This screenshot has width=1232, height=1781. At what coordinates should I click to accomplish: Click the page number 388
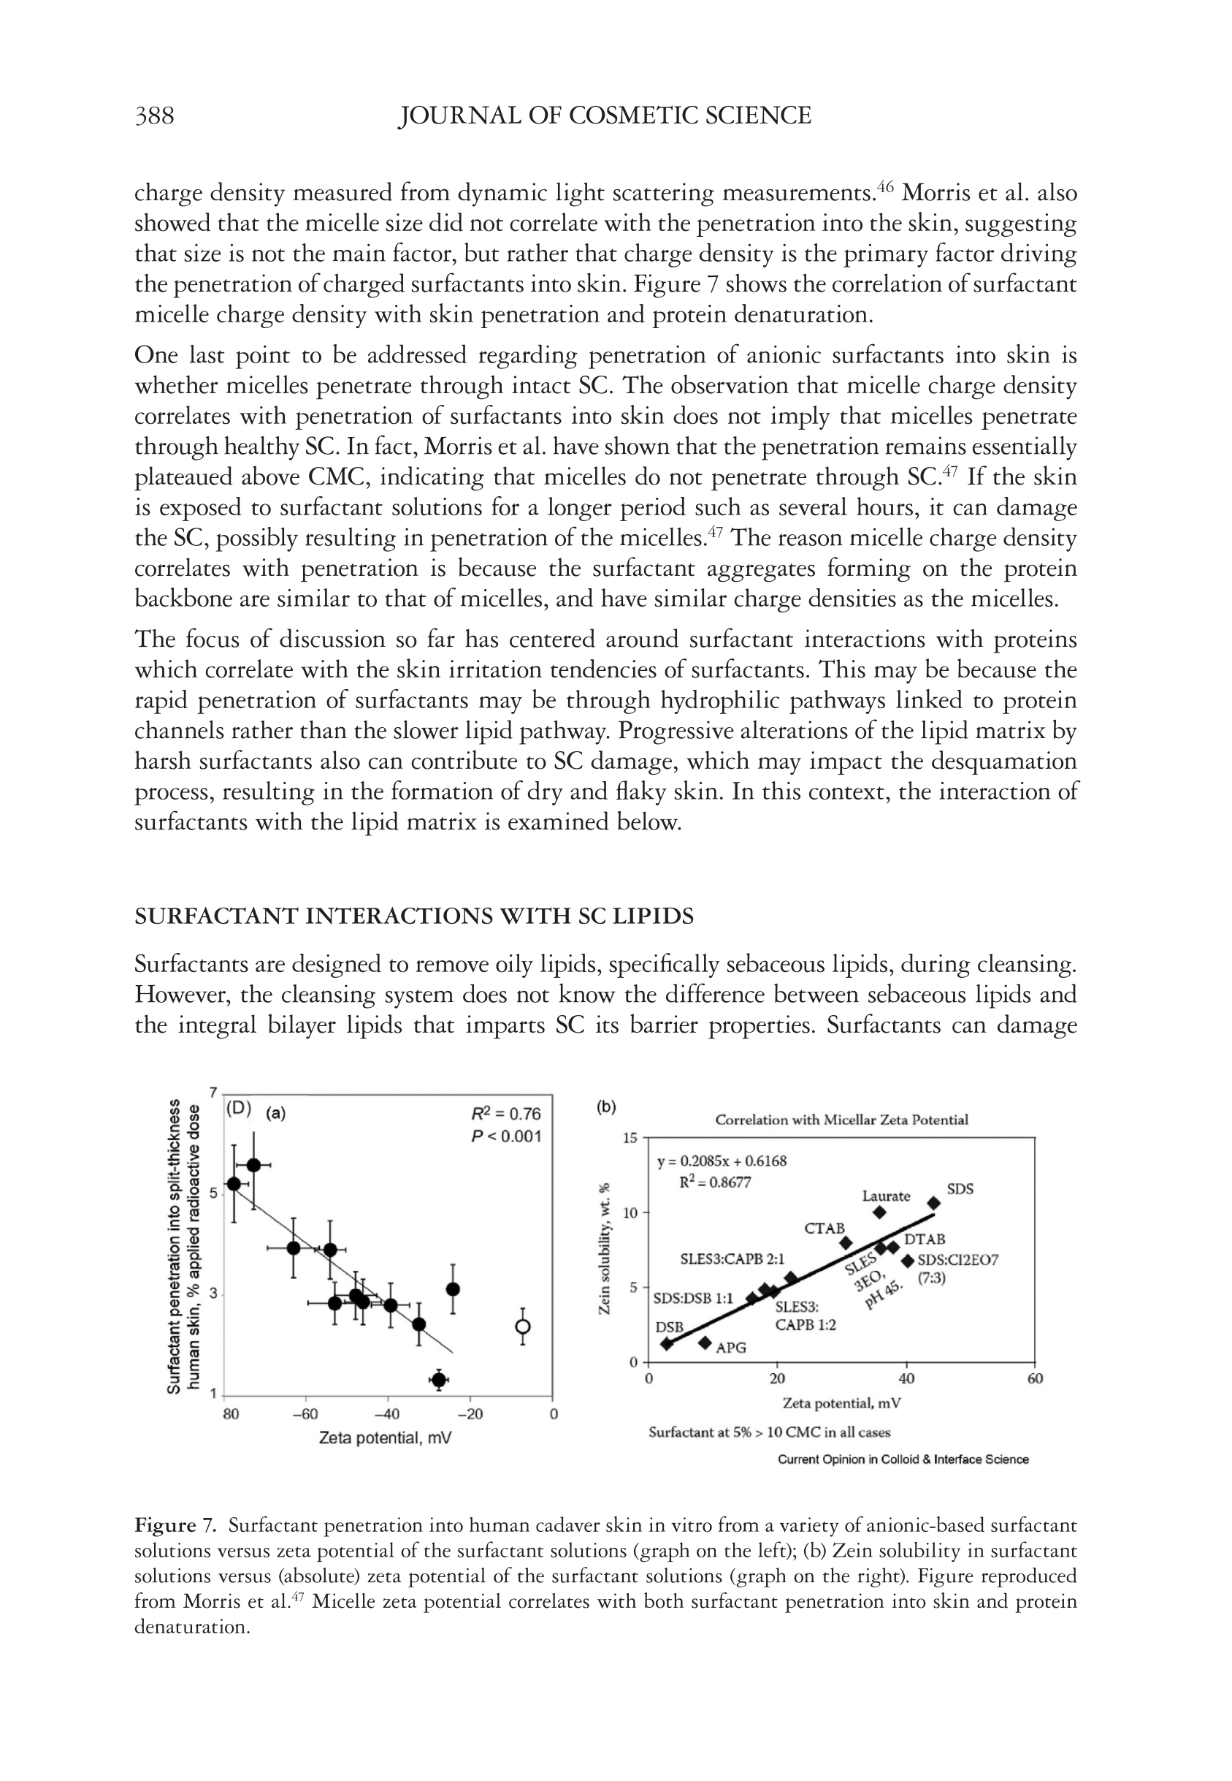click(154, 116)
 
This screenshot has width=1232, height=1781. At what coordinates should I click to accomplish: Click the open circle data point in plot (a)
click(523, 1327)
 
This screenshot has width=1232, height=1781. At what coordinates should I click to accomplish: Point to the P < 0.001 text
click(506, 1136)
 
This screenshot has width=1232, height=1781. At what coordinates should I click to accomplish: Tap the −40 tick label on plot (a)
click(386, 1414)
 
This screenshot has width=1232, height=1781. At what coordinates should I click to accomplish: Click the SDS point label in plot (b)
click(960, 1189)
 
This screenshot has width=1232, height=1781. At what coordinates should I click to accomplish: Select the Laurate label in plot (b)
click(885, 1196)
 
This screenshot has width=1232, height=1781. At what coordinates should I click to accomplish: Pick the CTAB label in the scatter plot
click(824, 1228)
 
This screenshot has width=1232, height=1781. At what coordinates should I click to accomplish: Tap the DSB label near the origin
click(669, 1327)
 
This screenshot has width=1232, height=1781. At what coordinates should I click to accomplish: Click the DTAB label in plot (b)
click(924, 1239)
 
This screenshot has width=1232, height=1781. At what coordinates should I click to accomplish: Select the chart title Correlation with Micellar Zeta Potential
click(841, 1120)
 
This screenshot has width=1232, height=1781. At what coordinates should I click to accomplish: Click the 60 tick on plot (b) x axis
click(1034, 1379)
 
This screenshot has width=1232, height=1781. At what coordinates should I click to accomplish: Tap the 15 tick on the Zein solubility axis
click(631, 1139)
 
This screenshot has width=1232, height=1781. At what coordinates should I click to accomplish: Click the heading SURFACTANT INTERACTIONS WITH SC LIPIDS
click(414, 916)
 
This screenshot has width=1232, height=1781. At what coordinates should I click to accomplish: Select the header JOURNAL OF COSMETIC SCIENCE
click(605, 116)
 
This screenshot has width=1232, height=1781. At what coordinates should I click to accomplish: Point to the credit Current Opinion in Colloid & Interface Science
click(903, 1459)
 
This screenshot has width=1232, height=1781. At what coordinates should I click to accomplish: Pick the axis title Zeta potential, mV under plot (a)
click(385, 1438)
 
